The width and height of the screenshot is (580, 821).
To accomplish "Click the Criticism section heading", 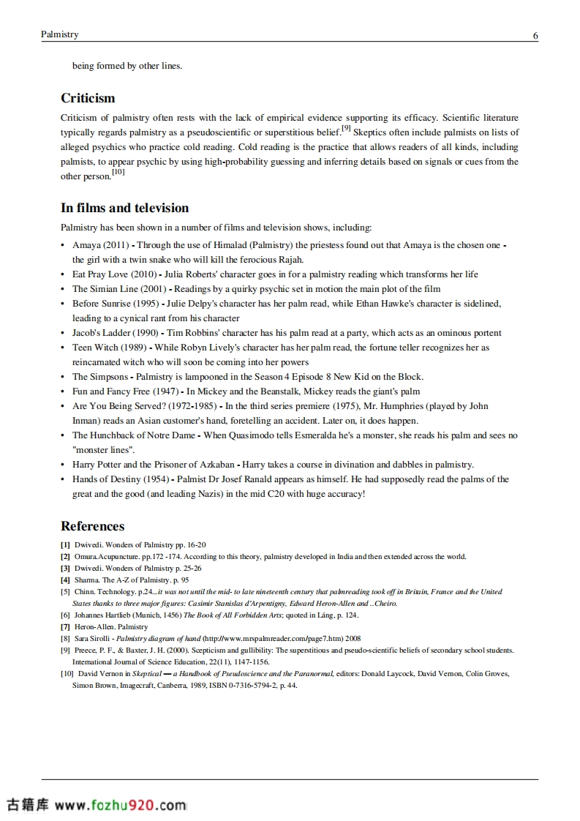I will coord(88,98).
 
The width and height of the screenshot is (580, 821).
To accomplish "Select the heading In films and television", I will coord(124,208).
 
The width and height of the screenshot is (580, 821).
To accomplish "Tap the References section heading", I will coord(92,526).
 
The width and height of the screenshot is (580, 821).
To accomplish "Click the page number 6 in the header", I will coord(535,35).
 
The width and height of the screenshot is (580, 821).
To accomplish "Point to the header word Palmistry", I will coord(60,34).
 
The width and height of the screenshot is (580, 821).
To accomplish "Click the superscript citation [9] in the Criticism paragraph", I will coord(346,129).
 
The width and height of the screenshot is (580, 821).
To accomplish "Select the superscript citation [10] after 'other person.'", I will coord(118,173).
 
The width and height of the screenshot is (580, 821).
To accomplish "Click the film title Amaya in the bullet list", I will coord(86,245).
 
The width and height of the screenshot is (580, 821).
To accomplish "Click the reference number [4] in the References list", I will coord(65,580).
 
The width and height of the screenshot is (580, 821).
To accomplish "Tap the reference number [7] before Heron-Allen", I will coord(65,627).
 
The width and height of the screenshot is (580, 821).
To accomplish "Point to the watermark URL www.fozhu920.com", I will coord(121,806).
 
